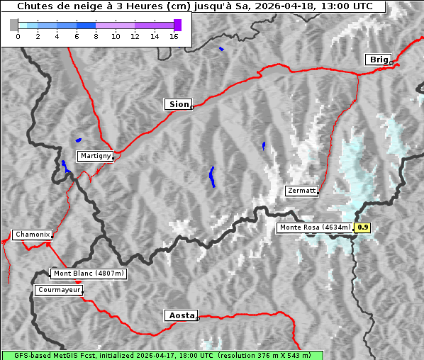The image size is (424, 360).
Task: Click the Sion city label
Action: [x=178, y=104]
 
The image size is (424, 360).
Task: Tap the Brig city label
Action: [x=378, y=60]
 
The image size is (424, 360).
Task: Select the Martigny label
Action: [x=94, y=156]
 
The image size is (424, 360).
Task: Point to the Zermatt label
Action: [x=301, y=191]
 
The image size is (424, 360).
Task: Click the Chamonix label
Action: [x=32, y=235]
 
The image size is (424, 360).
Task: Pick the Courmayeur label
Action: [x=58, y=290]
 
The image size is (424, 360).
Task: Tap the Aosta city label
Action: [x=180, y=315]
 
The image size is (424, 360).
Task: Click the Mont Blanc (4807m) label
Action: [x=89, y=273]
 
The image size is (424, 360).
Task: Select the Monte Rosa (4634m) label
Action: [x=315, y=227]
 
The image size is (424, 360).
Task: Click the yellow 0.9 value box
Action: [x=362, y=227]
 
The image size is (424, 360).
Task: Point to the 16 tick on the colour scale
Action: [x=174, y=35]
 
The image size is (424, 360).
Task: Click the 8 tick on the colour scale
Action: [x=96, y=35]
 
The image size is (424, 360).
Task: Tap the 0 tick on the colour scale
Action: [x=18, y=35]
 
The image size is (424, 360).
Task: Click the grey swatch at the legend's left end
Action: [x=14, y=25]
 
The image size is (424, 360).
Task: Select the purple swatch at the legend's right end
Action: [x=177, y=25]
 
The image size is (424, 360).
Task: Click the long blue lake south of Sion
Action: [x=212, y=176]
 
